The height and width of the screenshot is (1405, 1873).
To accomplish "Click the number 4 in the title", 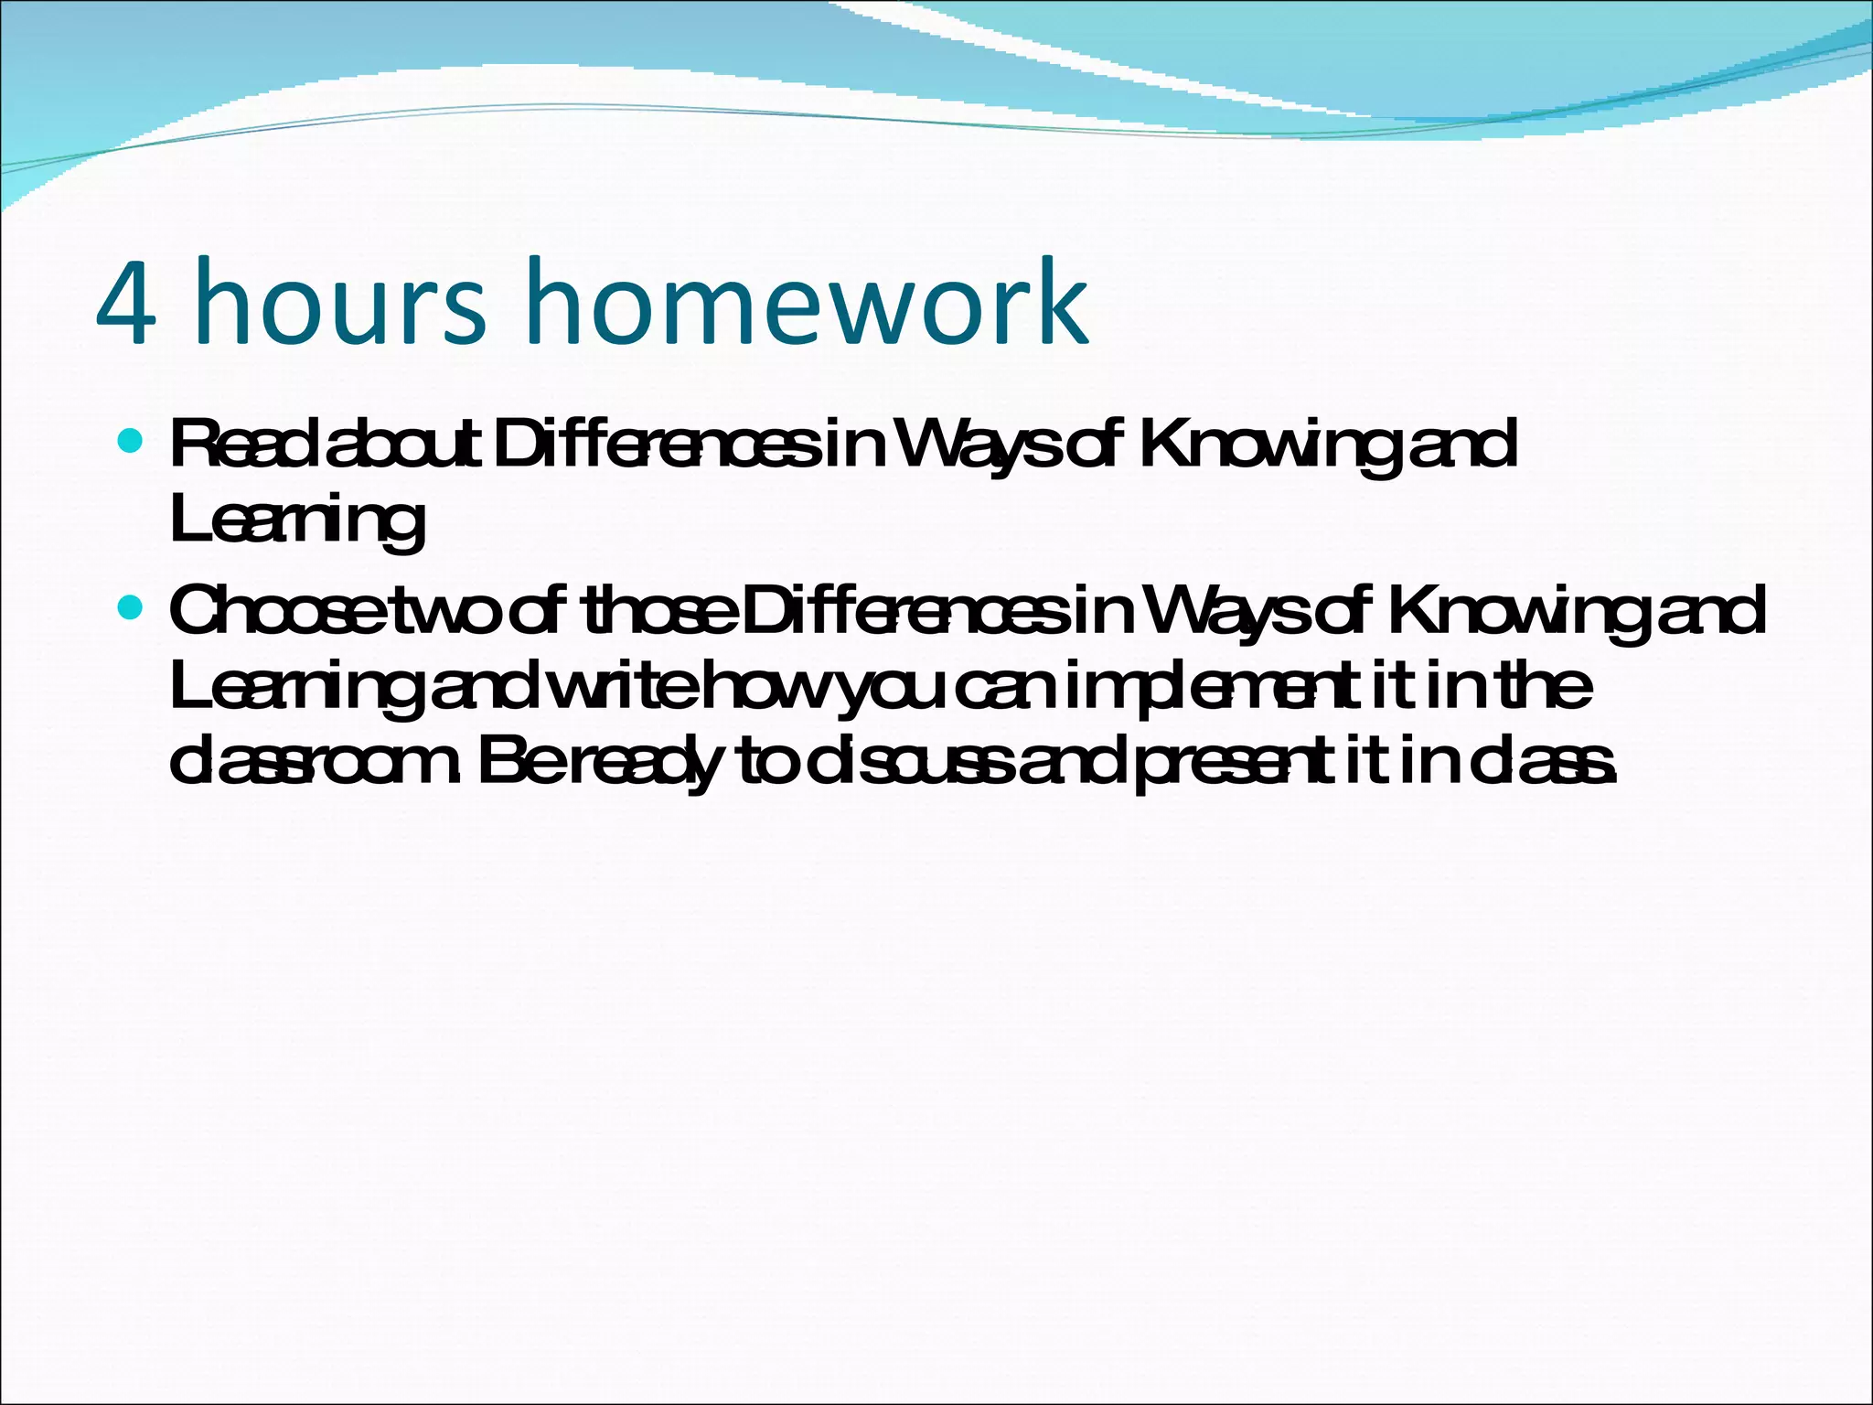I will pyautogui.click(x=126, y=303).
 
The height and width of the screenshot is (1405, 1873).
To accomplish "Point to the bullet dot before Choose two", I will pyautogui.click(x=132, y=607).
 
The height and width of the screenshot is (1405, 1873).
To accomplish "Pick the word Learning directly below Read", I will pyautogui.click(x=297, y=520).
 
